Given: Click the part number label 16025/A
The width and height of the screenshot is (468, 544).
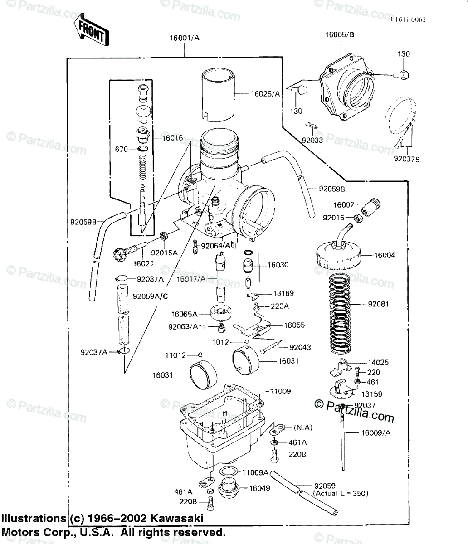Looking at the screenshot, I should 266,94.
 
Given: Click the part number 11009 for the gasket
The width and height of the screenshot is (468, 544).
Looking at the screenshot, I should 280,391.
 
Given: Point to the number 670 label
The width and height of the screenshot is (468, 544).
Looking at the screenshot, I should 122,148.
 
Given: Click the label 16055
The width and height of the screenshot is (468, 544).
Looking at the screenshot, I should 294,325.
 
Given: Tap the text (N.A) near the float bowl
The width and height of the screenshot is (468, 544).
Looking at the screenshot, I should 303,427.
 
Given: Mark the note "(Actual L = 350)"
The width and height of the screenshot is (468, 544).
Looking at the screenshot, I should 341,493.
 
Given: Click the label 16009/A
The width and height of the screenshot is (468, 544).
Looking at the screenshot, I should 375,433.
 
